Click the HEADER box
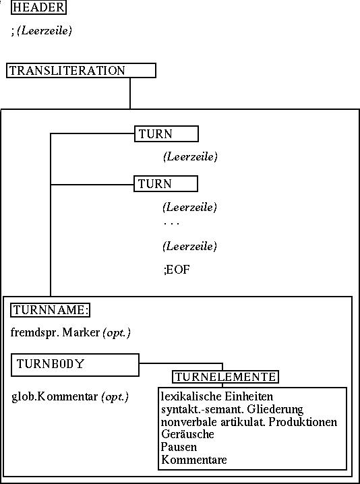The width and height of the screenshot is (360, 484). pyautogui.click(x=38, y=7)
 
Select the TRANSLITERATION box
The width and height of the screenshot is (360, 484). pyautogui.click(x=81, y=70)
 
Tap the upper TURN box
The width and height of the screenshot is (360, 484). pyautogui.click(x=167, y=133)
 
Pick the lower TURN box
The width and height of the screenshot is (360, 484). pyautogui.click(x=166, y=183)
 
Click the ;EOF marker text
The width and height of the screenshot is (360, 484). pyautogui.click(x=177, y=270)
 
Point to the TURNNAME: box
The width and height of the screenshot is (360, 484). pyautogui.click(x=50, y=310)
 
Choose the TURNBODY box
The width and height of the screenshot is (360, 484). pyautogui.click(x=75, y=365)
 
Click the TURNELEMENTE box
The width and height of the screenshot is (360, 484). pyautogui.click(x=225, y=377)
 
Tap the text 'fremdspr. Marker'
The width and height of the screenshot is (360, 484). pyautogui.click(x=55, y=332)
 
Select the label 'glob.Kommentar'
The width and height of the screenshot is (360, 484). pyautogui.click(x=55, y=396)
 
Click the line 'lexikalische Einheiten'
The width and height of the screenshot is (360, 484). pyautogui.click(x=217, y=396)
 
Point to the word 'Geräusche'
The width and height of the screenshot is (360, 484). pyautogui.click(x=187, y=434)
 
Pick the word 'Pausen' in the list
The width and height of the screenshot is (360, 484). pyautogui.click(x=179, y=447)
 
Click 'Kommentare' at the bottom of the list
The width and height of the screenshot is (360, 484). pyautogui.click(x=194, y=460)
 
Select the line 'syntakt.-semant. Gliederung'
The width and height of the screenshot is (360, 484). pyautogui.click(x=232, y=409)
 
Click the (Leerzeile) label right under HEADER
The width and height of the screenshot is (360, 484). pyautogui.click(x=44, y=30)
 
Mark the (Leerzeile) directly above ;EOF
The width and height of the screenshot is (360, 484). pyautogui.click(x=189, y=246)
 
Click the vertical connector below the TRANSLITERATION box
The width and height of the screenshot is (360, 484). pyautogui.click(x=130, y=93)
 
